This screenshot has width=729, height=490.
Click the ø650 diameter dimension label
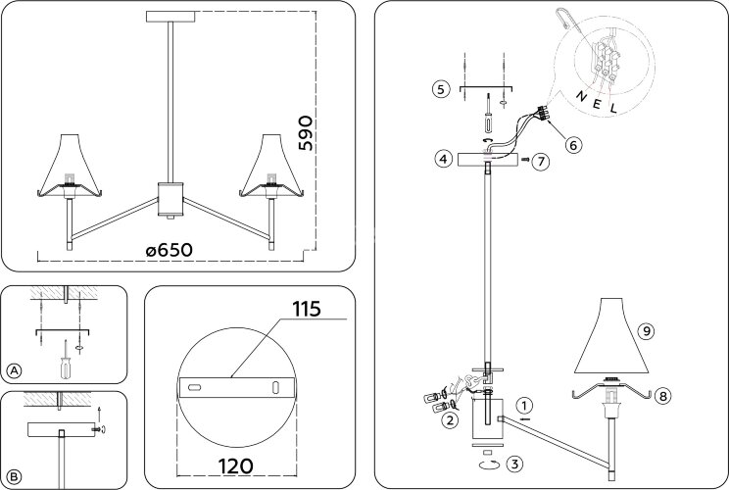tap(169, 250)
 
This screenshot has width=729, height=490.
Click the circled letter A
tap(14, 370)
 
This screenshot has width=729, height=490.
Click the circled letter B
tap(14, 478)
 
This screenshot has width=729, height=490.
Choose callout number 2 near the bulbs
tap(449, 421)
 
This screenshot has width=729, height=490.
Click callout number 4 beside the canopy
tap(444, 158)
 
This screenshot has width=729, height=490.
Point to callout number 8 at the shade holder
tap(663, 396)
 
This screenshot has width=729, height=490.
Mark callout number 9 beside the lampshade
tap(645, 331)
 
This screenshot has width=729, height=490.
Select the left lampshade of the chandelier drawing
tap(70, 164)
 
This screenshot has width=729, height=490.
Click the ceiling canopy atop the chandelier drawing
tap(170, 17)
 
